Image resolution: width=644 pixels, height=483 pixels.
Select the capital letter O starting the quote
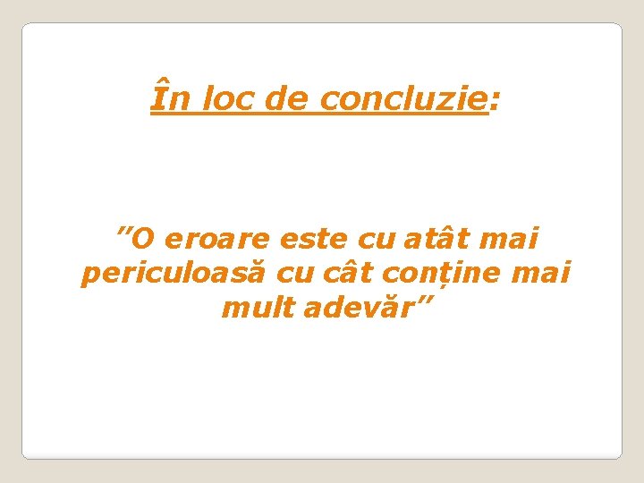click(x=147, y=241)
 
